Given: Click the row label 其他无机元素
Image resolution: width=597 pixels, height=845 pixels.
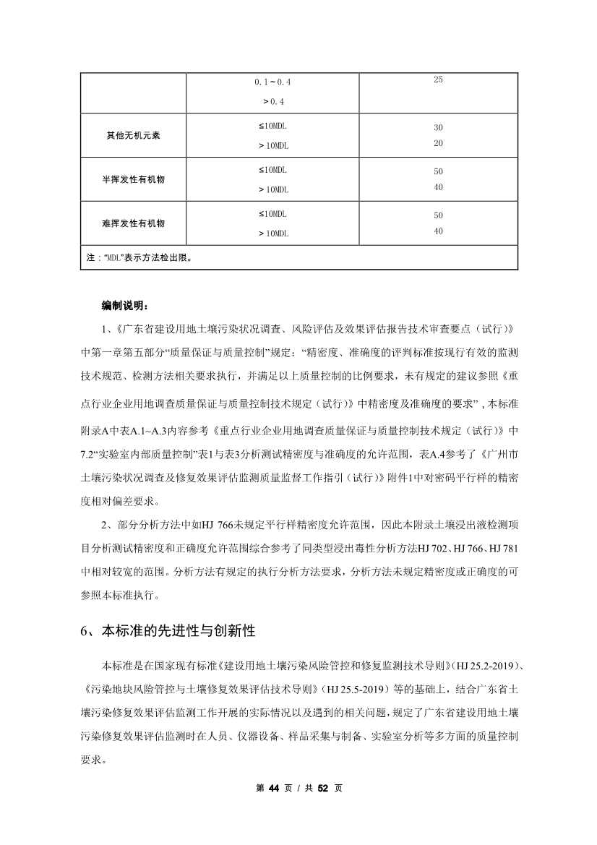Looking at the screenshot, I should pyautogui.click(x=133, y=135).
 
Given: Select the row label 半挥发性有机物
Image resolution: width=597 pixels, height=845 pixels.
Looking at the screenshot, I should pyautogui.click(x=133, y=179).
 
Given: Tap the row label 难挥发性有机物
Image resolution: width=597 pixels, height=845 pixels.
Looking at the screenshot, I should pyautogui.click(x=133, y=223).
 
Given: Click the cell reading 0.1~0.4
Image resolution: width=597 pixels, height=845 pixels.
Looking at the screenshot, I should pyautogui.click(x=272, y=82).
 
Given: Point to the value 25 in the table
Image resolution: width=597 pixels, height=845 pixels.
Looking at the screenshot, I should pyautogui.click(x=438, y=80).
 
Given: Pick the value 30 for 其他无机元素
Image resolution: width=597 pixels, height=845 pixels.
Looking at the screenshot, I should pyautogui.click(x=438, y=127).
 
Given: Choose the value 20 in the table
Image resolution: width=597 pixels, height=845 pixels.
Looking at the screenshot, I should pyautogui.click(x=438, y=143).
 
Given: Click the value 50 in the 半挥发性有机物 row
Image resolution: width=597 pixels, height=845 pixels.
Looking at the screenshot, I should pyautogui.click(x=438, y=171).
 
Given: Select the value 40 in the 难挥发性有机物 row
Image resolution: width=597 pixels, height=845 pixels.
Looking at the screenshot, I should pyautogui.click(x=438, y=231).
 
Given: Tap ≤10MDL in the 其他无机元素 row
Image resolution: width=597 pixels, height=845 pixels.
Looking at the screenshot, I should pyautogui.click(x=272, y=126).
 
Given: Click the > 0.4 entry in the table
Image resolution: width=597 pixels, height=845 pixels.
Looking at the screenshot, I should pyautogui.click(x=272, y=101).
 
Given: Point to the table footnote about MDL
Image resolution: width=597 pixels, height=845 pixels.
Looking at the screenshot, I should pyautogui.click(x=138, y=257).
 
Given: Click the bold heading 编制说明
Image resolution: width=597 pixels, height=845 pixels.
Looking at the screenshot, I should pyautogui.click(x=125, y=306).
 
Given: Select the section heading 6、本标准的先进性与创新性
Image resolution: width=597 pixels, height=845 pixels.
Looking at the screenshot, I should pyautogui.click(x=168, y=630).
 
